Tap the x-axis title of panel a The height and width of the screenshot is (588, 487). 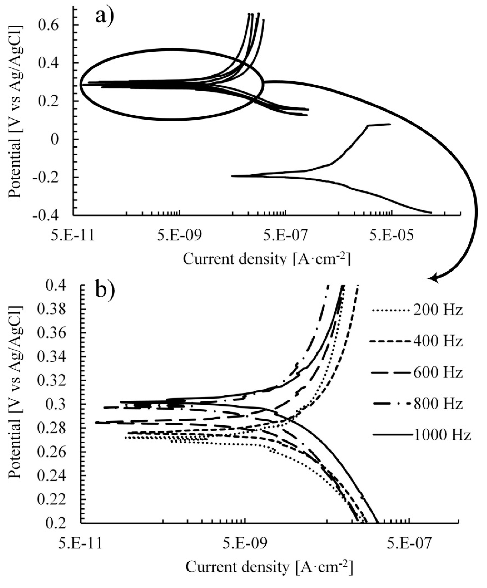[266, 259]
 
